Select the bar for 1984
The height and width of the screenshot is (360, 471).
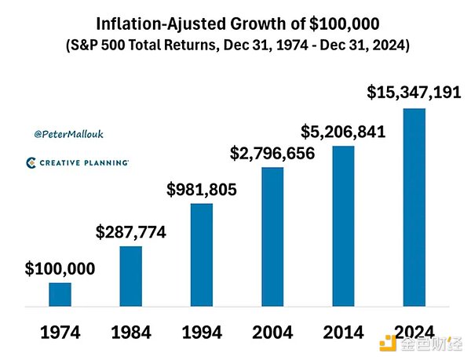(x=130, y=275)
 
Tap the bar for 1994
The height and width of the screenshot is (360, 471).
(x=201, y=253)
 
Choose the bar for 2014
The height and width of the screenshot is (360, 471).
(x=343, y=225)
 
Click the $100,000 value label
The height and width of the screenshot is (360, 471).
(x=60, y=269)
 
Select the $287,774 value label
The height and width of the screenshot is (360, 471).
(x=130, y=232)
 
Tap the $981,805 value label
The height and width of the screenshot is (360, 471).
(x=202, y=189)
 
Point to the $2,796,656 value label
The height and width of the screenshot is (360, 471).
(x=272, y=153)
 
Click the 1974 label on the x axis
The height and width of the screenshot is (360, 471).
(x=60, y=331)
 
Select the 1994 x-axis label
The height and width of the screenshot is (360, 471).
(x=202, y=331)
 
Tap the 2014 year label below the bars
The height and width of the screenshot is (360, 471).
(x=343, y=331)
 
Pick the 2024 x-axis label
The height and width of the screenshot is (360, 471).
(x=414, y=331)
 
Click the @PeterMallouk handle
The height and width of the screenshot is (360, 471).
(x=69, y=134)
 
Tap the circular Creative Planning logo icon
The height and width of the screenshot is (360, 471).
(x=31, y=162)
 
